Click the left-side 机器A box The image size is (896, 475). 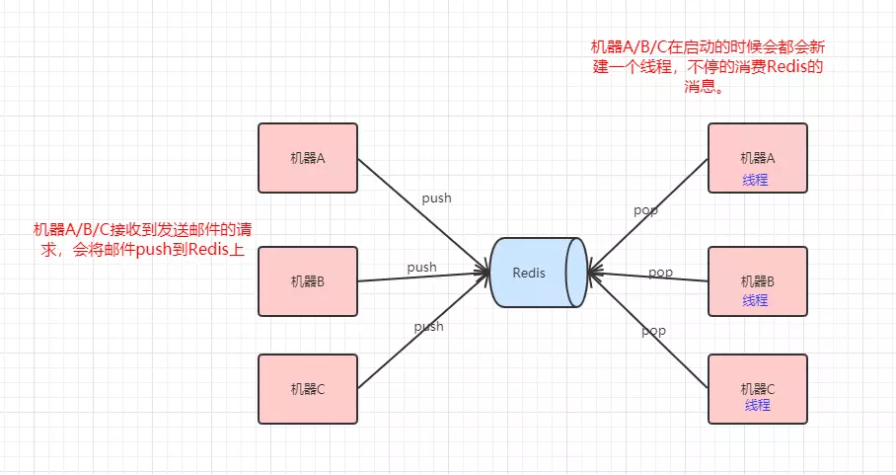pos(307,158)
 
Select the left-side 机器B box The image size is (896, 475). pos(307,280)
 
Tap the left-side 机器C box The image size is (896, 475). pos(307,388)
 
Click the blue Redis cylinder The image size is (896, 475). pos(534,273)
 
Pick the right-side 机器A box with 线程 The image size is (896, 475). pos(758,158)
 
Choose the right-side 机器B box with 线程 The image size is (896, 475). pos(758,280)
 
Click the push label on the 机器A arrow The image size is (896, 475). pos(436,198)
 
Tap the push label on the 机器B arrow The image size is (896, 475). pos(421,267)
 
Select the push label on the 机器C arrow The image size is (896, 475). pos(428,326)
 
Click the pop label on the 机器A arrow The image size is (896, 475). pos(645,210)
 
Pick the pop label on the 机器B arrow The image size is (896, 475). pos(660,272)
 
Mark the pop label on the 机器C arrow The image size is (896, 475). pos(653,331)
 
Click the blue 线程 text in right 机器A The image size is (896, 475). pos(756,181)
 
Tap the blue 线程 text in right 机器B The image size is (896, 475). pos(756,299)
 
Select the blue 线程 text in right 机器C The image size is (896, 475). pos(757,405)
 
